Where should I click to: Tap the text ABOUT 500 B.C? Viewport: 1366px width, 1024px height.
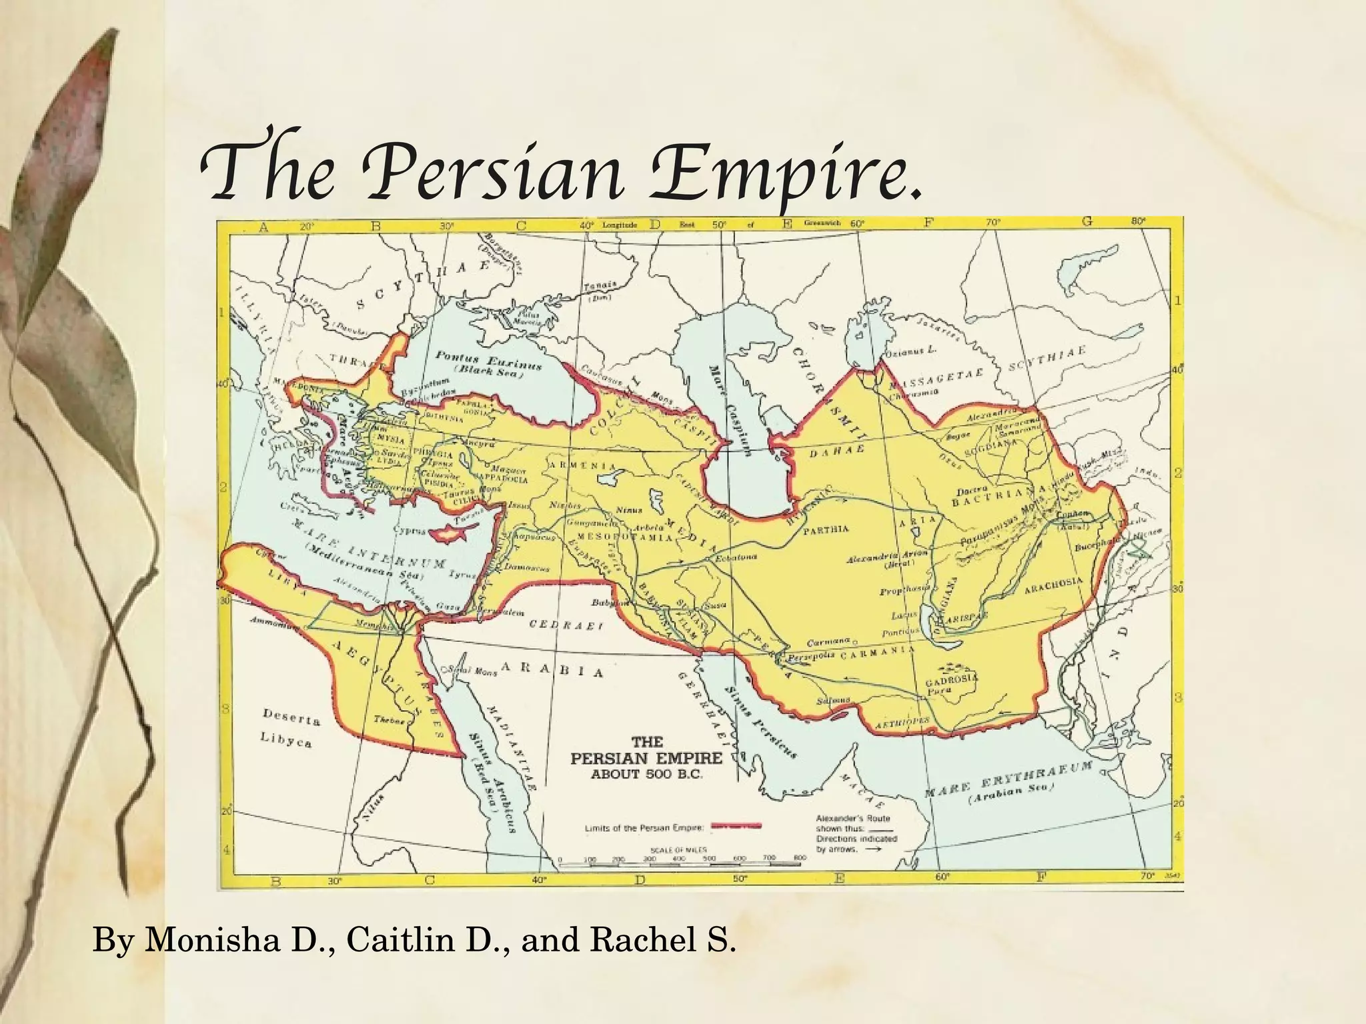[646, 775]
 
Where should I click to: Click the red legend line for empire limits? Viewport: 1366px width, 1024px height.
[736, 827]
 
